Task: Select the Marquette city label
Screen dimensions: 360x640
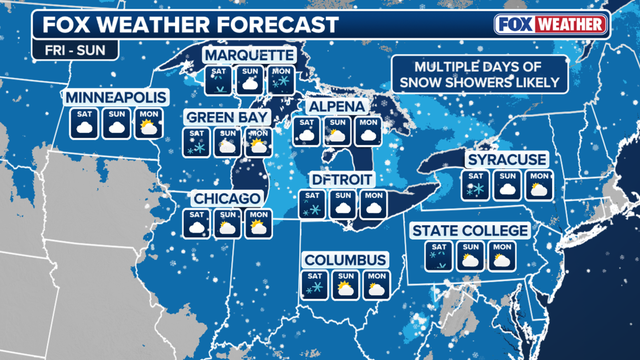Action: pyautogui.click(x=248, y=54)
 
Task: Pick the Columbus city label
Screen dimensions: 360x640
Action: pyautogui.click(x=346, y=260)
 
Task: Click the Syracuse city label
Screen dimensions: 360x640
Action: pyautogui.click(x=506, y=160)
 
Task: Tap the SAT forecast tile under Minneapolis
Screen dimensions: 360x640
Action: pyautogui.click(x=85, y=123)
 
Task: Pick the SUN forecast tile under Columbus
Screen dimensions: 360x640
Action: pyautogui.click(x=346, y=284)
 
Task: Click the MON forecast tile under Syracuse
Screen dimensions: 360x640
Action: pyautogui.click(x=538, y=184)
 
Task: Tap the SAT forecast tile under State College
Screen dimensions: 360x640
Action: pyautogui.click(x=438, y=256)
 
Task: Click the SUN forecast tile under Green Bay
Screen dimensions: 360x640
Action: pyautogui.click(x=227, y=143)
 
